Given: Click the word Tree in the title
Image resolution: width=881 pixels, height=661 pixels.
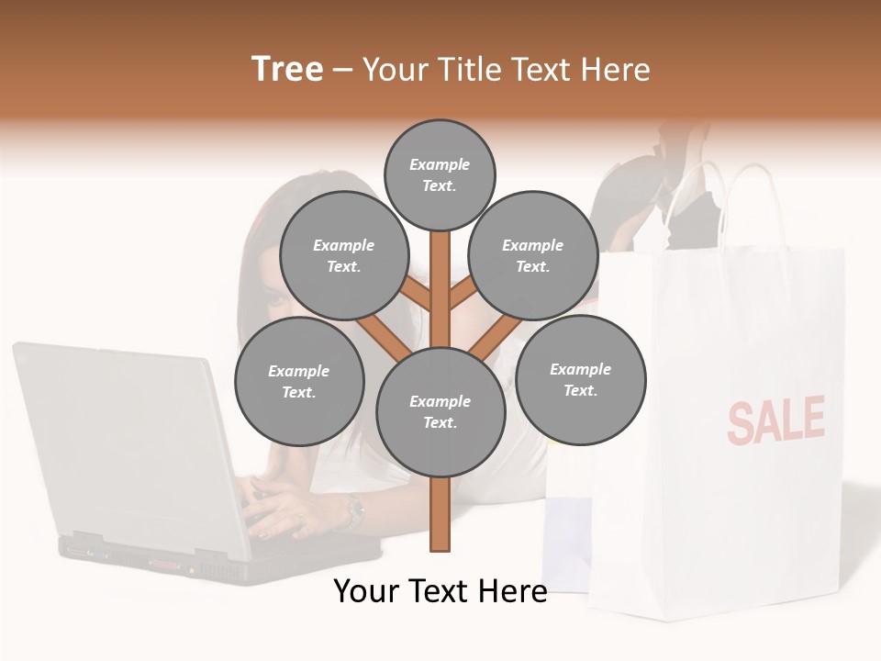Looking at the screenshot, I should click(287, 69).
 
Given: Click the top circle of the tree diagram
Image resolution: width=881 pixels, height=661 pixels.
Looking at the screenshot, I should click(440, 174).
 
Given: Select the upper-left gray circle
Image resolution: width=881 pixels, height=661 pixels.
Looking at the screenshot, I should click(343, 256).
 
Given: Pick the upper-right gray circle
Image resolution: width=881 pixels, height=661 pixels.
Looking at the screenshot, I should click(533, 256).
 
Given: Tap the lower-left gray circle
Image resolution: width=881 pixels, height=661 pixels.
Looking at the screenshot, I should click(299, 382).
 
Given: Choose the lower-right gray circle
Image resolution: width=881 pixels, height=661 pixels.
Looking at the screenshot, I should click(580, 379).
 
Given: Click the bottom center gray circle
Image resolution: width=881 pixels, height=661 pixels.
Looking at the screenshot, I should click(440, 412).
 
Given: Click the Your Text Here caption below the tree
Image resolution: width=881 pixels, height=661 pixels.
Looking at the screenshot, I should click(440, 591).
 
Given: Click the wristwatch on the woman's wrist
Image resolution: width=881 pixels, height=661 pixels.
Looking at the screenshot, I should click(353, 512).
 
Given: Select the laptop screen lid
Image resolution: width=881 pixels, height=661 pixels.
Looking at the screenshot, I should click(119, 441).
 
